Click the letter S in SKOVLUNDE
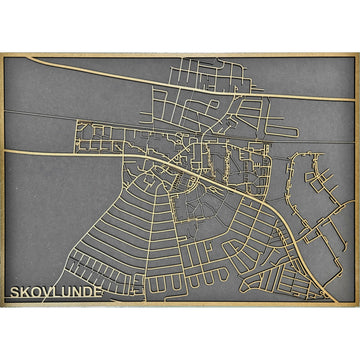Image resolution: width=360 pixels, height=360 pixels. (x=14, y=294)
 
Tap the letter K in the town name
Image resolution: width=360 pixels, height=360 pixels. (x=26, y=294)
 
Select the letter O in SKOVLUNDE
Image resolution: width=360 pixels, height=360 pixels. (x=38, y=294)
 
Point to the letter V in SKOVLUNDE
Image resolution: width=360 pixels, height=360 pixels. (x=50, y=294)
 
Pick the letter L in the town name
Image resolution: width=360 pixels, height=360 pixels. (x=61, y=294)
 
